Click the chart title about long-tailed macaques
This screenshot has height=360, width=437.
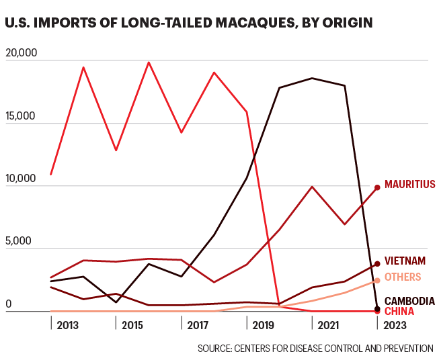[188, 24]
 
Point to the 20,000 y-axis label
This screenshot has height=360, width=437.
[23, 53]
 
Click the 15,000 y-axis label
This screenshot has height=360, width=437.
[22, 116]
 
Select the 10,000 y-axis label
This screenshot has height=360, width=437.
[22, 179]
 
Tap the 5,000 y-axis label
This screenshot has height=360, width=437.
[19, 241]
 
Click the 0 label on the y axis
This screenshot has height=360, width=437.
[9, 304]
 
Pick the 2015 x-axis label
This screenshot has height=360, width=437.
[134, 324]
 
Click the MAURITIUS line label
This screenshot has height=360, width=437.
[409, 185]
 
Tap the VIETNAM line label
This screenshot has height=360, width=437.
[405, 261]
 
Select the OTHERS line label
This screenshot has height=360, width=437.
[403, 277]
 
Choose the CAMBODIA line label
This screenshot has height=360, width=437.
[409, 301]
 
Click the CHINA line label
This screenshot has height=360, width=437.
[399, 311]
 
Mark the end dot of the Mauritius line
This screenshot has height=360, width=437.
[377, 187]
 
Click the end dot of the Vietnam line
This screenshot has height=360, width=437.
[377, 264]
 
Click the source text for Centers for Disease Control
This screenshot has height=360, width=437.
[315, 348]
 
